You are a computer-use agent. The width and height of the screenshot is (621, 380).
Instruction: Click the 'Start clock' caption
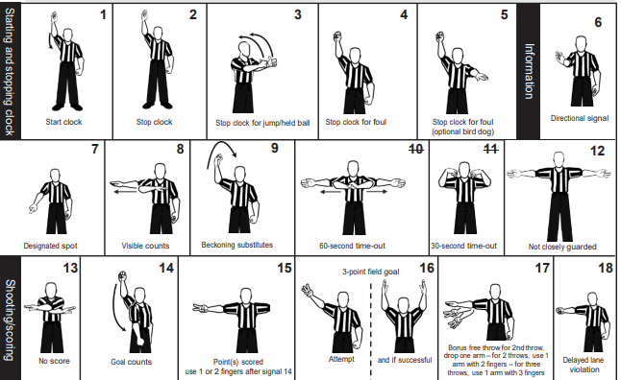pyautogui.click(x=63, y=122)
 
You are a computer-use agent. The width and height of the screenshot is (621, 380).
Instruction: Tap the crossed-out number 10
pyautogui.click(x=416, y=150)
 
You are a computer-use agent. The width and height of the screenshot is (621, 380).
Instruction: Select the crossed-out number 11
pyautogui.click(x=490, y=149)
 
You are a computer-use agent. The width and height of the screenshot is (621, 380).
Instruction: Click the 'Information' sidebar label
pyautogui.click(x=529, y=71)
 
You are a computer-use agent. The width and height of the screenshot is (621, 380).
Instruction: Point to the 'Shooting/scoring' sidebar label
pyautogui.click(x=10, y=320)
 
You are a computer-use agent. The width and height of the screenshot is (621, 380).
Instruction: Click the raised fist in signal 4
pyautogui.click(x=337, y=36)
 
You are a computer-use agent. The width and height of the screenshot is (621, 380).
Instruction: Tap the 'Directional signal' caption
pyautogui.click(x=580, y=118)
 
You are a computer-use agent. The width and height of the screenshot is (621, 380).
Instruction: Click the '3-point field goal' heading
pyautogui.click(x=371, y=272)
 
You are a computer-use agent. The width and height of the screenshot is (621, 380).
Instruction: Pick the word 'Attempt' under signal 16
pyautogui.click(x=341, y=359)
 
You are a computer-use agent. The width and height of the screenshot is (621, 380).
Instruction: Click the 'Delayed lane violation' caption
pyautogui.click(x=584, y=365)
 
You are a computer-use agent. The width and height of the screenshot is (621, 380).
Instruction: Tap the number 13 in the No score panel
pyautogui.click(x=70, y=268)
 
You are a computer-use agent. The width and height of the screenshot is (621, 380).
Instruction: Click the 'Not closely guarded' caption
pyautogui.click(x=562, y=247)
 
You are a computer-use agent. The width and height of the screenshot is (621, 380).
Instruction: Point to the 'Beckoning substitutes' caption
pyautogui.click(x=236, y=245)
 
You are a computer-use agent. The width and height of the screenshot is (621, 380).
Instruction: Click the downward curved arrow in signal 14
pyautogui.click(x=117, y=307)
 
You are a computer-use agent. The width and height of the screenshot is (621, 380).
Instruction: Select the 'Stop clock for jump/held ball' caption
pyautogui.click(x=262, y=123)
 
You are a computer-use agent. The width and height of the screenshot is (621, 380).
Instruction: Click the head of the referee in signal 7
pyautogui.click(x=55, y=176)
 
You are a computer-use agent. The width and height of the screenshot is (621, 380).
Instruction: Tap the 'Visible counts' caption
pyautogui.click(x=145, y=246)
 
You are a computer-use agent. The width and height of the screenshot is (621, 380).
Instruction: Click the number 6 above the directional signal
pyautogui.click(x=598, y=22)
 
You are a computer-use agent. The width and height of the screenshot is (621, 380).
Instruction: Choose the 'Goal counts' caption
pyautogui.click(x=131, y=362)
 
